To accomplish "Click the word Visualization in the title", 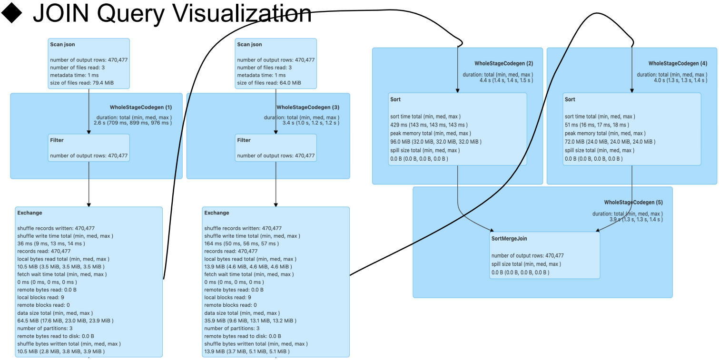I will (240, 13).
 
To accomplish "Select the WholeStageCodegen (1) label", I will (140, 107).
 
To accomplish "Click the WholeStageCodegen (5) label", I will (633, 202).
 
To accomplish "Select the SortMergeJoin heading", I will (509, 238).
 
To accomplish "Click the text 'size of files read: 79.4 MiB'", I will (82, 83).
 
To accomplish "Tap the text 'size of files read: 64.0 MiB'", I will (269, 83).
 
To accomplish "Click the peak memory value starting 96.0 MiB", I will (435, 142).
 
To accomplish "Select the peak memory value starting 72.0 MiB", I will (610, 142).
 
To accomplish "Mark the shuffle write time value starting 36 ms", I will (51, 243).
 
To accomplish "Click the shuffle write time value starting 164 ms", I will (241, 243).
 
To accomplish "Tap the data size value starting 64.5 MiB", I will (65, 321).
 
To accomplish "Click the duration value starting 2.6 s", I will (133, 123).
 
